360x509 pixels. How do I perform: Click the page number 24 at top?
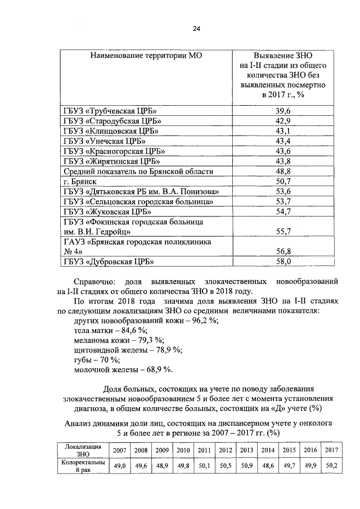click(196, 29)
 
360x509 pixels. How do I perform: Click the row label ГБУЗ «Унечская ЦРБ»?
click(105, 141)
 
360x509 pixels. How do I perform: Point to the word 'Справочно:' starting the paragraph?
click(95, 280)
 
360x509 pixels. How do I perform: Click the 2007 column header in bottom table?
click(119, 450)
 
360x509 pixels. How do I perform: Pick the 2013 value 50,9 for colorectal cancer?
click(246, 466)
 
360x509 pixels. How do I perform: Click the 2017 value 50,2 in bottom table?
click(331, 466)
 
